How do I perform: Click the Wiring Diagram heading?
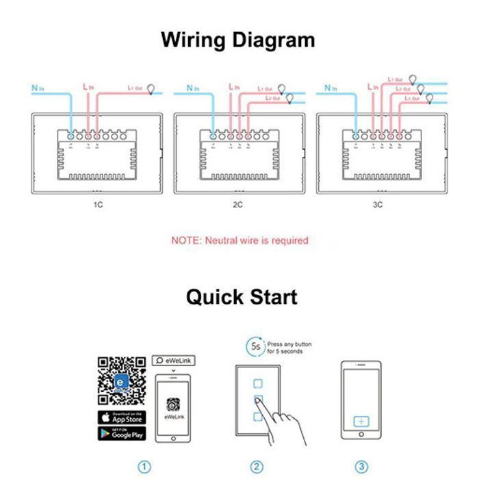tap(238, 40)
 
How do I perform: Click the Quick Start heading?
tap(242, 297)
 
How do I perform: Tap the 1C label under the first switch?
tap(97, 204)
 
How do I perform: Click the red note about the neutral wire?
tap(239, 240)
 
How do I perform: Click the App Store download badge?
tap(122, 417)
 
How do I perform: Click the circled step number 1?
tap(144, 467)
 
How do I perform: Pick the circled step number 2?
tap(257, 467)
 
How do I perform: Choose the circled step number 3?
tap(361, 467)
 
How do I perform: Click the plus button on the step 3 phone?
tap(361, 422)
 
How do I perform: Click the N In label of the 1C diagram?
tap(39, 88)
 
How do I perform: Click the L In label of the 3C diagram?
tap(372, 88)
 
